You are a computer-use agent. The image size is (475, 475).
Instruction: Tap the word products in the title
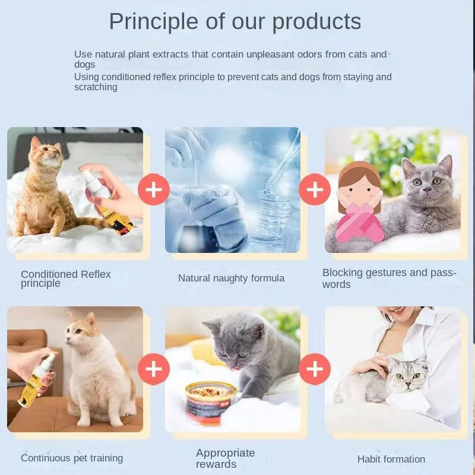[316, 22]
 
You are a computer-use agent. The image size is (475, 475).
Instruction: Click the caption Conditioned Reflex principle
[66, 278]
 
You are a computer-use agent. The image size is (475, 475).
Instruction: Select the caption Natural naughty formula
[231, 278]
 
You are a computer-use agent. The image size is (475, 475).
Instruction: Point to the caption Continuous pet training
[72, 458]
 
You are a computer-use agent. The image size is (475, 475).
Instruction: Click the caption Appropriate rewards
[225, 458]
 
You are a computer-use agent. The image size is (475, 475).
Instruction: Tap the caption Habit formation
[391, 459]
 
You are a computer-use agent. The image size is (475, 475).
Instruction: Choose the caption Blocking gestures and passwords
[389, 278]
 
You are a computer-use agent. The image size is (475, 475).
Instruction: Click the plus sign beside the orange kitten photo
[154, 190]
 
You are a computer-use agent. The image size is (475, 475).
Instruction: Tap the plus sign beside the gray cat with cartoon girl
[315, 190]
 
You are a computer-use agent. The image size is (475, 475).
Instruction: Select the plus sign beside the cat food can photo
[154, 369]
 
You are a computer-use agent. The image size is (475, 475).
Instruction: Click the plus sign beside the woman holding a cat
[315, 369]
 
